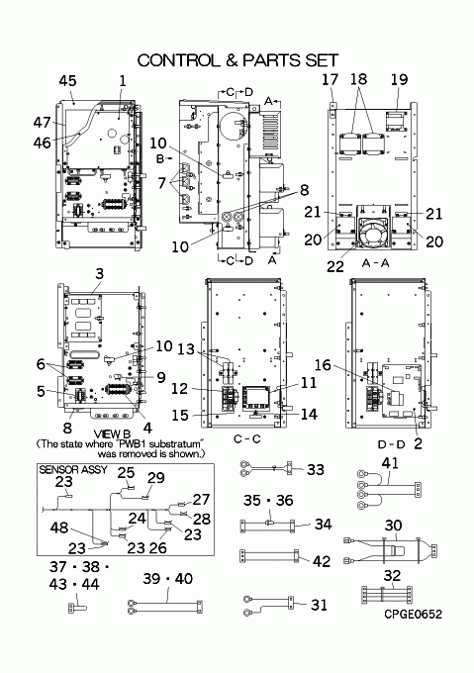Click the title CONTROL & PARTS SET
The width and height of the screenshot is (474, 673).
238,60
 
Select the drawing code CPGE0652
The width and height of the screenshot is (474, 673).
413,615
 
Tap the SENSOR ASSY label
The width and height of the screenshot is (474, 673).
73,469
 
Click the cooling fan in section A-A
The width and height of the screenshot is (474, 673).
373,233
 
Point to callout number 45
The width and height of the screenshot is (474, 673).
67,81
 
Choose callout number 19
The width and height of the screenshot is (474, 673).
399,79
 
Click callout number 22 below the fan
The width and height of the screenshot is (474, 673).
335,266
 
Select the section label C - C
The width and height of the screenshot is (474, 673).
247,439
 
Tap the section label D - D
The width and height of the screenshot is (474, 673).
391,444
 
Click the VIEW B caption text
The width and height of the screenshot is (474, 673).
112,434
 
